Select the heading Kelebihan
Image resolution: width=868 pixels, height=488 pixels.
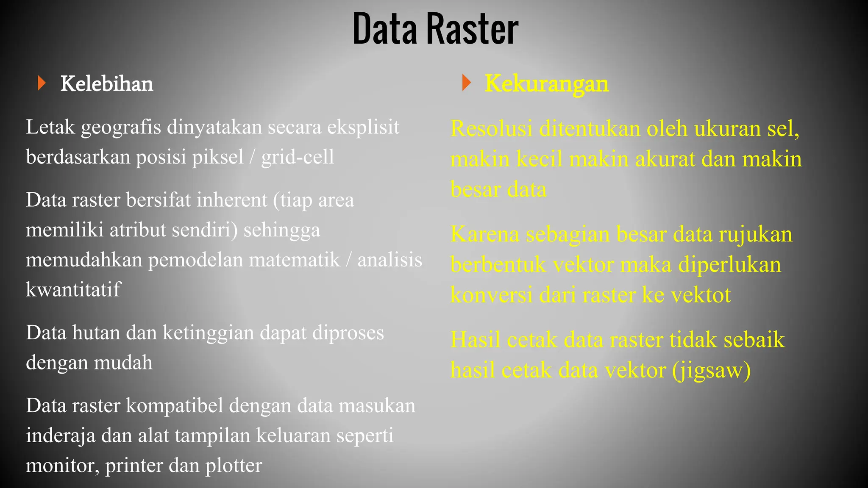(107, 83)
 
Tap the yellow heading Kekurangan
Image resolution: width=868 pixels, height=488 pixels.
(546, 83)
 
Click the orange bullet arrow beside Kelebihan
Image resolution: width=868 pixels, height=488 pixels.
(41, 83)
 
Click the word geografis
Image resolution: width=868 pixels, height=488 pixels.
(121, 127)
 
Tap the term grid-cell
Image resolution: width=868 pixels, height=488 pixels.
(298, 157)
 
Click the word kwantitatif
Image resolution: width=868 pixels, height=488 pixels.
(73, 290)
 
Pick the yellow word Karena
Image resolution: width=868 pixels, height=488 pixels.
(485, 234)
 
